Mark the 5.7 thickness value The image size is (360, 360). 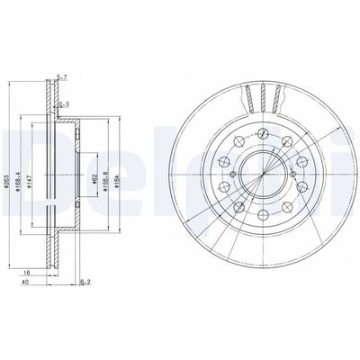[x=59, y=77]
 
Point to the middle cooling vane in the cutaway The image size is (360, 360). [x=261, y=94]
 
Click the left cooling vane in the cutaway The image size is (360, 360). [x=248, y=94]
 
